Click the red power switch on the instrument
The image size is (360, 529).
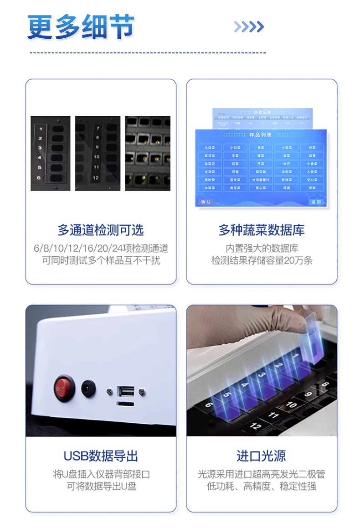[x=64, y=388]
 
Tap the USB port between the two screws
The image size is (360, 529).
[x=126, y=391]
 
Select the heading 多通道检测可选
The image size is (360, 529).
[x=101, y=230]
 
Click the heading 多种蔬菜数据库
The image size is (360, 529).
[x=262, y=230]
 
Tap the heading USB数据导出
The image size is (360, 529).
[x=101, y=456]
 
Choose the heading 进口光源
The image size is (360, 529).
[x=262, y=456]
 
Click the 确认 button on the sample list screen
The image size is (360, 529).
[x=206, y=202]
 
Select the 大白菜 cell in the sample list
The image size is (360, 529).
[x=210, y=148]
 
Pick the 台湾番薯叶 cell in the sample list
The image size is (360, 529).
[x=261, y=180]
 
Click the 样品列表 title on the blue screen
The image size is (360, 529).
[x=261, y=135]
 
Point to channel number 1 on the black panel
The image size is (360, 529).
[x=40, y=129]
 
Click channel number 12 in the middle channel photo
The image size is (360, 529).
[x=96, y=177]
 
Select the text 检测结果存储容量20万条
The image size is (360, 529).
[x=262, y=261]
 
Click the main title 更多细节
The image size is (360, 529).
[x=81, y=27]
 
